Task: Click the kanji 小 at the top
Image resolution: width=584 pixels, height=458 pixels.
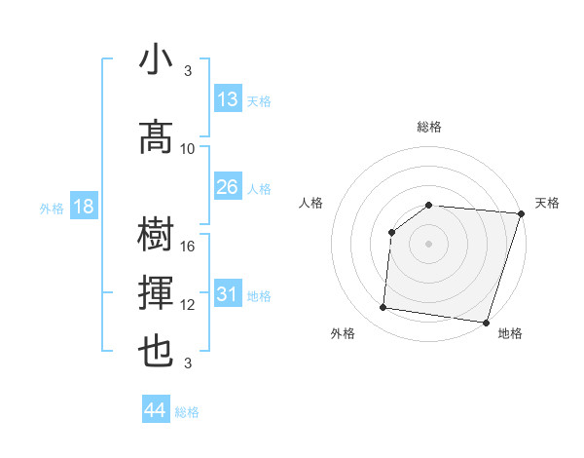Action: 157,61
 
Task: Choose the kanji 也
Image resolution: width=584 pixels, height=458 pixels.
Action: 157,351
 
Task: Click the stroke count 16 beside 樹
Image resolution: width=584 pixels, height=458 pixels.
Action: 189,247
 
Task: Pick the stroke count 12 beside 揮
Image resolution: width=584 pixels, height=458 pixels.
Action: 189,305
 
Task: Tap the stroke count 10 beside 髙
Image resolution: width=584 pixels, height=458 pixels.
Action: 188,148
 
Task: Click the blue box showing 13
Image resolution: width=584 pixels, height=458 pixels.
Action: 228,99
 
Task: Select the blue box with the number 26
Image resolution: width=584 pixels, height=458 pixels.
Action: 228,187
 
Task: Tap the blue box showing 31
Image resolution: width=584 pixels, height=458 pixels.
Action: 228,294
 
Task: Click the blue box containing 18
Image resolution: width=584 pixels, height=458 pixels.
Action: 83,207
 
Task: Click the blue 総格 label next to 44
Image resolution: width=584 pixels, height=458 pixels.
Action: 187,412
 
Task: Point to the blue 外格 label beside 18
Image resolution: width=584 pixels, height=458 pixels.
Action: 51,208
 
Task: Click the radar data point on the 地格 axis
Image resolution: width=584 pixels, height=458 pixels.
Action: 485,323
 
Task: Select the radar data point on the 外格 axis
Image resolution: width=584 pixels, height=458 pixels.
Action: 383,308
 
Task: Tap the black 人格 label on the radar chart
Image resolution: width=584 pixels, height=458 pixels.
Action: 311,203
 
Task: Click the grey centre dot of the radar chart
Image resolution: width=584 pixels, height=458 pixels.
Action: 428,244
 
